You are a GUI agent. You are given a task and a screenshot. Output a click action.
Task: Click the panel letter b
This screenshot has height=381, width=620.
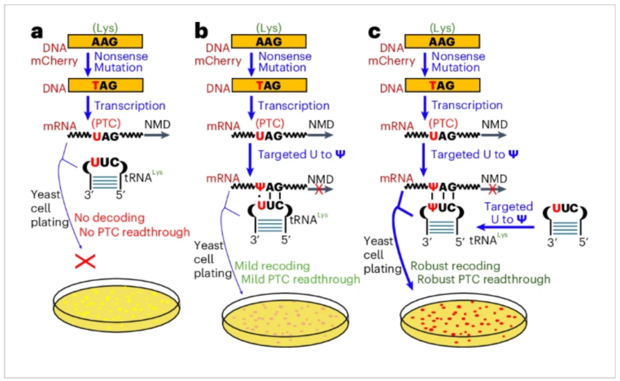coord(202,31)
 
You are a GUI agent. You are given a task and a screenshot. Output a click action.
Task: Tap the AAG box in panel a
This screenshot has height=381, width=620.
coord(105,41)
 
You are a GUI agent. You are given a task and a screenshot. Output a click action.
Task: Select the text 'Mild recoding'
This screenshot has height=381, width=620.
coord(272,266)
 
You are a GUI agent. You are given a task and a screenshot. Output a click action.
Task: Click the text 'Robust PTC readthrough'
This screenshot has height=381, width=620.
coord(484,279)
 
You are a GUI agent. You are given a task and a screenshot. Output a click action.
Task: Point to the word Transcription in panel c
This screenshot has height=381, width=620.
coord(467,105)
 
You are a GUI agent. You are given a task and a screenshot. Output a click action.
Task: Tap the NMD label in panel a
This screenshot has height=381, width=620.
coord(156,125)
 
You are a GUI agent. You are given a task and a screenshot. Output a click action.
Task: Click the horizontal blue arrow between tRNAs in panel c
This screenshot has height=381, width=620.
coord(506,227)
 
